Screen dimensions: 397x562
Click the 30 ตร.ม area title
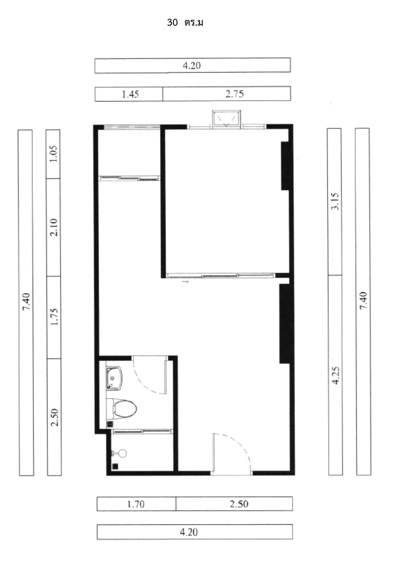(185, 23)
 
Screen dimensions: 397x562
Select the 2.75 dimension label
(235, 94)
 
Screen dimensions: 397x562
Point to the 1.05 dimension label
(53, 154)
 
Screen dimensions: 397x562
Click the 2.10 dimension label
(54, 227)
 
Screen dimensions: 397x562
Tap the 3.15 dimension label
(335, 201)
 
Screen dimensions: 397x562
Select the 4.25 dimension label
(335, 376)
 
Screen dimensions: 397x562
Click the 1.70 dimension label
(136, 504)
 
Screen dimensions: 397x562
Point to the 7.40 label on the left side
(26, 302)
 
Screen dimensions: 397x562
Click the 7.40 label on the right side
(363, 301)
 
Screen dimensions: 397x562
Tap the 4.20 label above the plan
(192, 66)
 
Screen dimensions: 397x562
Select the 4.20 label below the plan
(189, 532)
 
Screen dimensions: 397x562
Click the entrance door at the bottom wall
(232, 453)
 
